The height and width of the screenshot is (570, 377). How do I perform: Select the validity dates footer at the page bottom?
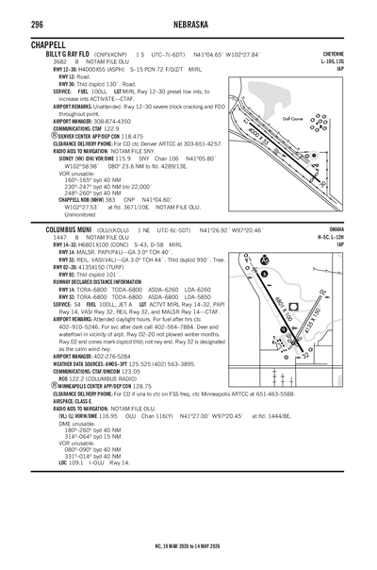[188, 544]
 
